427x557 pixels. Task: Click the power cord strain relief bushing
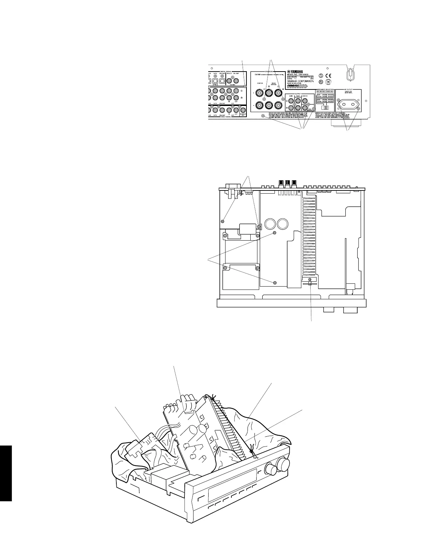[x=350, y=75]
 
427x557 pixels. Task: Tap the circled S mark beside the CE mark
[x=321, y=75]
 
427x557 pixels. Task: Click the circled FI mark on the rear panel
[x=321, y=82]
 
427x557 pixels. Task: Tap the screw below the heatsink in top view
[x=310, y=279]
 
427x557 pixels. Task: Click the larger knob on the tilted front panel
[x=283, y=464]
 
